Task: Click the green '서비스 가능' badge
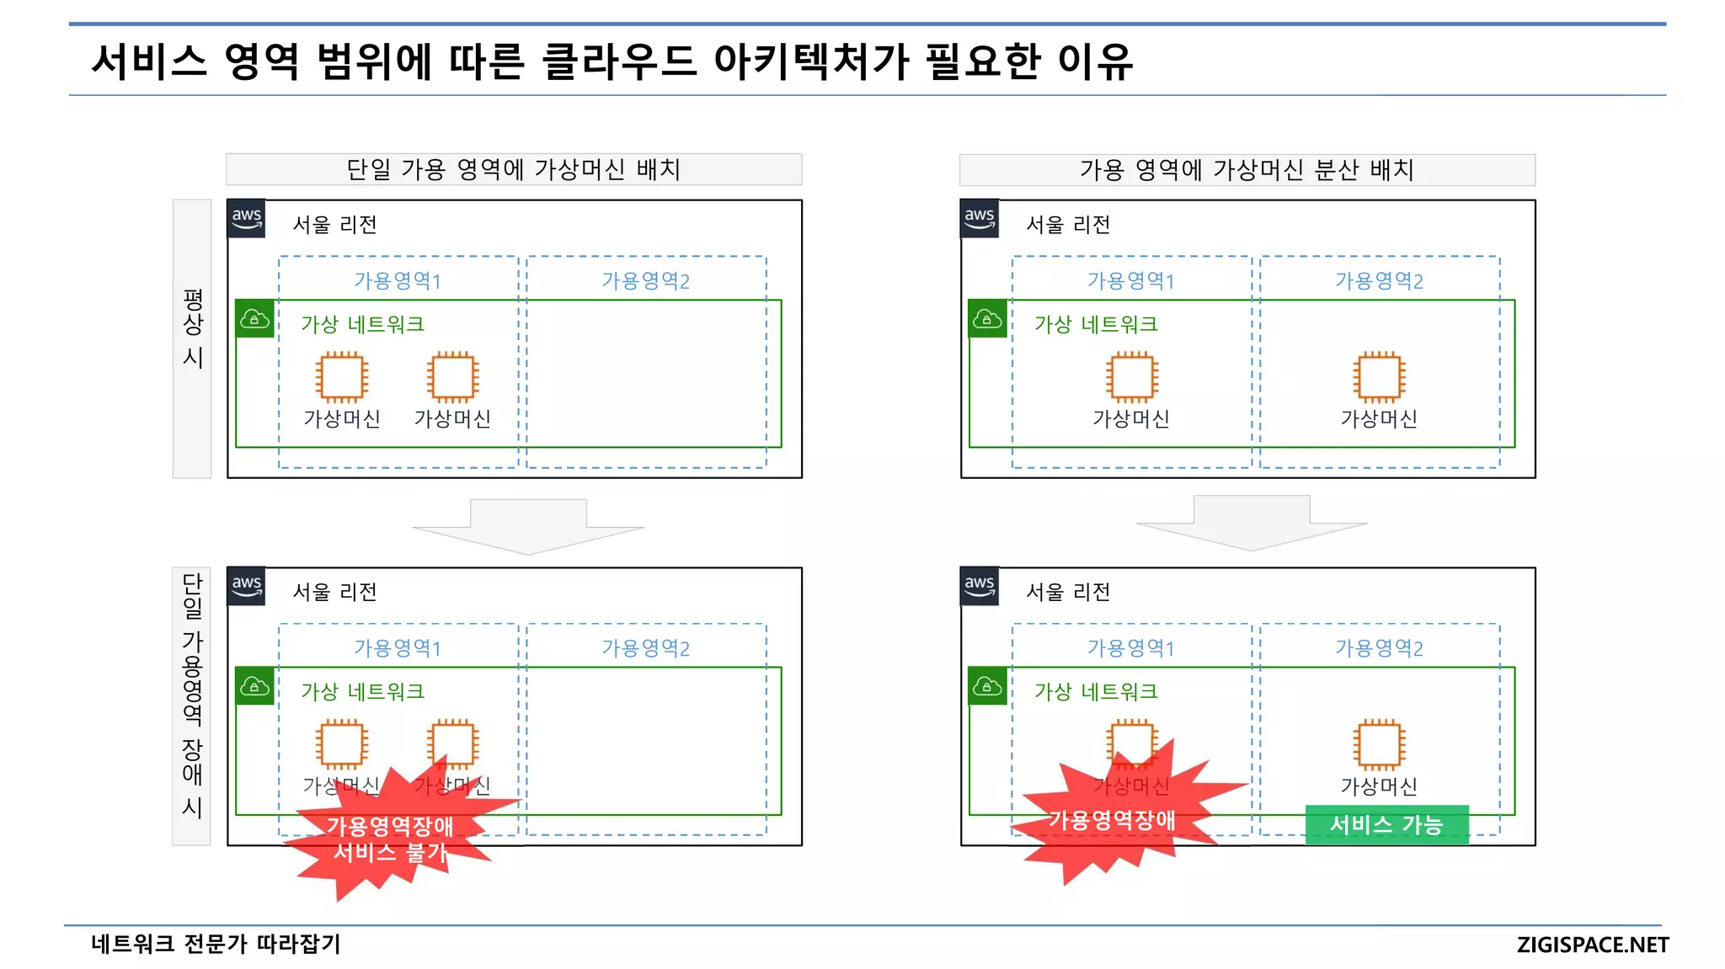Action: [1386, 824]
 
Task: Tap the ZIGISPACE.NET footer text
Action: [1592, 945]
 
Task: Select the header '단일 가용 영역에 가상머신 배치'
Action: [514, 169]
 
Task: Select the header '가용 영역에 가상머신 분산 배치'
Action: [1247, 169]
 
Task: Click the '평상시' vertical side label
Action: [192, 328]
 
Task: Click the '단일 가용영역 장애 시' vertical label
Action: [192, 695]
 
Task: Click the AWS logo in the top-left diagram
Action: [247, 219]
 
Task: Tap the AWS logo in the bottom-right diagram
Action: [980, 586]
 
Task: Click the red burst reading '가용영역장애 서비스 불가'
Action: [390, 839]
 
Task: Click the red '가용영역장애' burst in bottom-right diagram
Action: [1112, 819]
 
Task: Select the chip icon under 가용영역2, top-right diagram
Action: [1379, 376]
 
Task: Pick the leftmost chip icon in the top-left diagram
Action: [342, 376]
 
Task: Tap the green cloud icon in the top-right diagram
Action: [987, 319]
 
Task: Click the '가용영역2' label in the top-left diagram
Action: [645, 280]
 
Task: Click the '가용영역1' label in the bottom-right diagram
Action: [1130, 647]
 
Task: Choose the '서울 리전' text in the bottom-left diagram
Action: [334, 592]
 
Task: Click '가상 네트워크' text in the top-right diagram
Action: [1096, 324]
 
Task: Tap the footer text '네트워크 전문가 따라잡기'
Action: [216, 944]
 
